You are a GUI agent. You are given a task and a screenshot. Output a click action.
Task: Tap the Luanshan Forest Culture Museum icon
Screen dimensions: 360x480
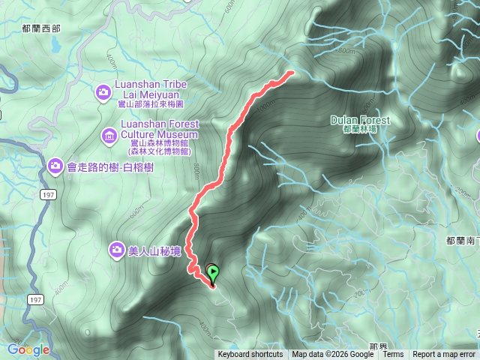pos(109,136)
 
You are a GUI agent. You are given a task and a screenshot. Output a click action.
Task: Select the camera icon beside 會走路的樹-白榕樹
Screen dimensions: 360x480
pos(55,165)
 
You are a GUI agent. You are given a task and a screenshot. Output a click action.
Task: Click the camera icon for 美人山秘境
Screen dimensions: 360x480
pos(116,249)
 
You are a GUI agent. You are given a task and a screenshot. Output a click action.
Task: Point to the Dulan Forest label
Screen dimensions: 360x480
pos(360,120)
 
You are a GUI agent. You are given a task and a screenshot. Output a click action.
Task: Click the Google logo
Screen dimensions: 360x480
pos(28,349)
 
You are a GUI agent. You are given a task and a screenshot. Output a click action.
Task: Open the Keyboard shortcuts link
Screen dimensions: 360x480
pos(250,355)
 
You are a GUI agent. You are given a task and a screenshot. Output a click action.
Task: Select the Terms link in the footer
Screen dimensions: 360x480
pos(393,355)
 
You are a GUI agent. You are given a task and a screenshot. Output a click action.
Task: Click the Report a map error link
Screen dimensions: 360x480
pos(444,355)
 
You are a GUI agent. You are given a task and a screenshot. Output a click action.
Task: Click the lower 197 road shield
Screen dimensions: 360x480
pos(35,299)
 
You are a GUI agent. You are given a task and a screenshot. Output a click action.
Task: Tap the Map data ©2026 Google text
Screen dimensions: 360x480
pos(333,355)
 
